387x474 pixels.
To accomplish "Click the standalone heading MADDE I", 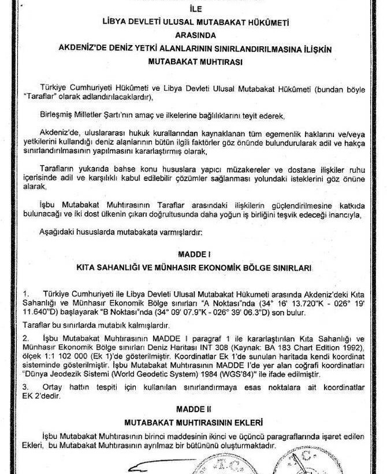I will point(192,254).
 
